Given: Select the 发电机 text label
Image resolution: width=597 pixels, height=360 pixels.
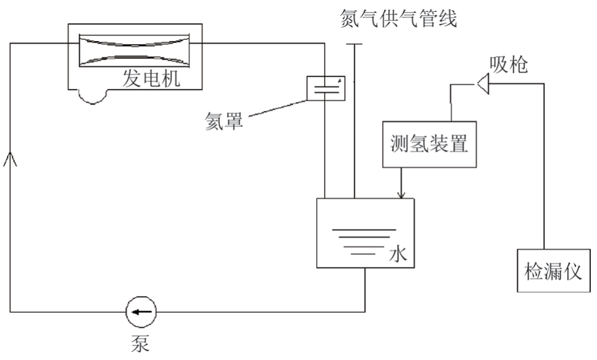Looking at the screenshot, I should [151, 79].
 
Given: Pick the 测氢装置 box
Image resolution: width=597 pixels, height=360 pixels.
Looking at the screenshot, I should [429, 144].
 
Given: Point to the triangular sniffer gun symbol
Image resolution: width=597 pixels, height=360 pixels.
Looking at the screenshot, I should [482, 83].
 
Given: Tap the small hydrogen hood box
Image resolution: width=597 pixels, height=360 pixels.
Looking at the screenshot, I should [326, 88].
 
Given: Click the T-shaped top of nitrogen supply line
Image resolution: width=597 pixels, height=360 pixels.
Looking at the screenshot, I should [354, 45].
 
